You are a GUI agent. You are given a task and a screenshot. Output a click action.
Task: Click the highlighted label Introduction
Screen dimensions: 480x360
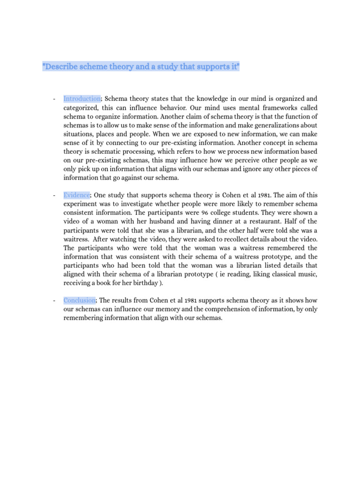click(x=82, y=98)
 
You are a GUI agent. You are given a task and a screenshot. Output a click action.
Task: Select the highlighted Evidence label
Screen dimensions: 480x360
click(x=77, y=195)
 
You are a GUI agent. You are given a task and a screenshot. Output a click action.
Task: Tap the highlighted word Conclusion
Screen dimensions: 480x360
click(x=80, y=300)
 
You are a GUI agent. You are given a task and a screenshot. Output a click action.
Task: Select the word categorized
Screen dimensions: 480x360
click(x=81, y=107)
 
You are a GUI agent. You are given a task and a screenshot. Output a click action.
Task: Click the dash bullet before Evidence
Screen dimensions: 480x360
click(x=55, y=195)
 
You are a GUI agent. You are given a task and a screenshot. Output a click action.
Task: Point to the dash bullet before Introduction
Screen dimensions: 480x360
click(x=55, y=98)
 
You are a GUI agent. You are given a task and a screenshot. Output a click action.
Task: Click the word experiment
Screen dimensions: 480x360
click(x=82, y=203)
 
